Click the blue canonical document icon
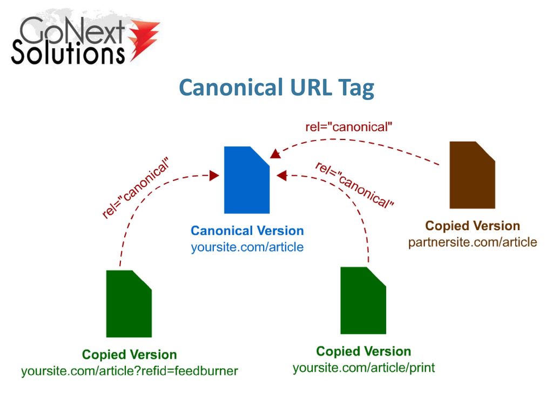pos(247,180)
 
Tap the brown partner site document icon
pos(472,175)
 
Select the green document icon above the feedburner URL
pos(129,304)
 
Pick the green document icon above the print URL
pos(363,300)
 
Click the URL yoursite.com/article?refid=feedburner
pos(130,371)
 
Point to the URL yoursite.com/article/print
pos(363,367)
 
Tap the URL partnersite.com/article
pos(473,242)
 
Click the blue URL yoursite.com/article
pos(247,247)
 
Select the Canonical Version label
pos(247,231)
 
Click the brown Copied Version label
pos(473,226)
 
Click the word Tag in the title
pos(356,88)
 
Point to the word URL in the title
pos(311,87)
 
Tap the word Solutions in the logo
pos(68,52)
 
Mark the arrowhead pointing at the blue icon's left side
pos(214,176)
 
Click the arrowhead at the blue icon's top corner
pos(275,154)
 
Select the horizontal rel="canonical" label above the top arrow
pos(349,127)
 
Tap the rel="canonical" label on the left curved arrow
pos(136,188)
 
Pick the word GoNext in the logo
pos(72,31)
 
